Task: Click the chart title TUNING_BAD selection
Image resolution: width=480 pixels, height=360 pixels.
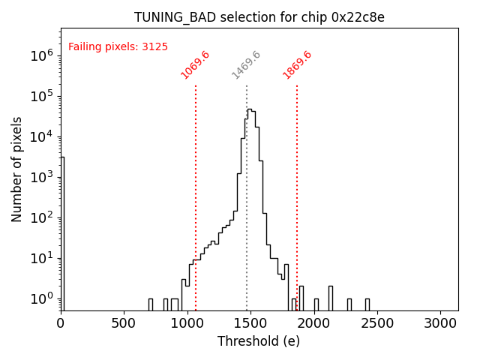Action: point(259,17)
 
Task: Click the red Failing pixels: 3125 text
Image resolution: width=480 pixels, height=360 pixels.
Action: point(118,46)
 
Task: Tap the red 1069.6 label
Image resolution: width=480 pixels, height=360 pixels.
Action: point(195,64)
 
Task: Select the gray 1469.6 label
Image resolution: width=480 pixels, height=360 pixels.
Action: point(246,64)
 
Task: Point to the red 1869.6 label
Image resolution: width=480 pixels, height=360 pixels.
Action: point(297,64)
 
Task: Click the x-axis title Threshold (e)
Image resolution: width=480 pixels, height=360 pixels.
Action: point(259,341)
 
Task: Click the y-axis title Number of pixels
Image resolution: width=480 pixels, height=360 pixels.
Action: point(17,169)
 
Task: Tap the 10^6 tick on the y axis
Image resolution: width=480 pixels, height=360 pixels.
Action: point(41,55)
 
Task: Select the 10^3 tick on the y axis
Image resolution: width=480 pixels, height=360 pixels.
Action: point(41,177)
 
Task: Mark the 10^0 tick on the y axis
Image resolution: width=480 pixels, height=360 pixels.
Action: point(41,298)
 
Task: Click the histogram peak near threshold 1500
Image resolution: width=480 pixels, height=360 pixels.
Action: point(250,109)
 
